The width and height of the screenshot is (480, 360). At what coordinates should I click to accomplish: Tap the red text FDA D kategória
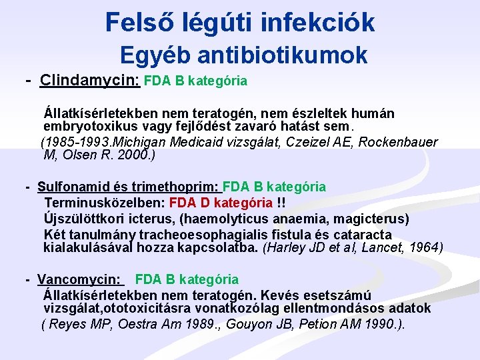point(221,203)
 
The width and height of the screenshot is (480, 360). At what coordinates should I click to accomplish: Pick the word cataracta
point(363,235)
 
